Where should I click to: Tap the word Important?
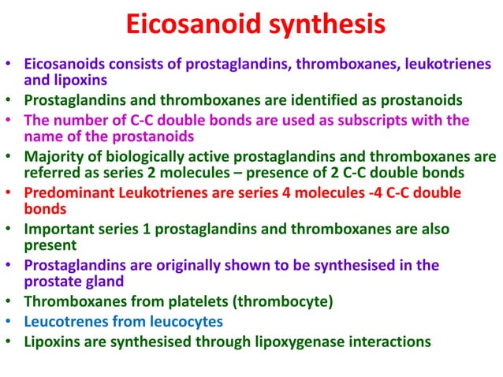click(57, 230)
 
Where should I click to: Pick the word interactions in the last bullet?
click(392, 342)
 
